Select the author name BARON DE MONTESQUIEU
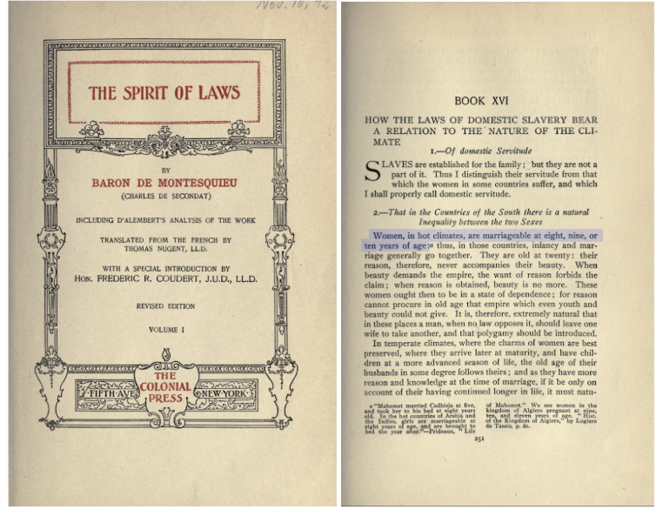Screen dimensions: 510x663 (x=164, y=183)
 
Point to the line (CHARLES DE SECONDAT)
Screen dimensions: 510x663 (x=164, y=196)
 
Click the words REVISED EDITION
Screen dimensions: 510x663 (x=164, y=306)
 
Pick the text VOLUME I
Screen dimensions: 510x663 (x=164, y=330)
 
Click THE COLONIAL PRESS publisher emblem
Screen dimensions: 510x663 (x=164, y=387)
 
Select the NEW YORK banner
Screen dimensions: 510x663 (x=224, y=393)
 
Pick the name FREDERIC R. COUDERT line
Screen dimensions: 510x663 (x=164, y=280)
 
